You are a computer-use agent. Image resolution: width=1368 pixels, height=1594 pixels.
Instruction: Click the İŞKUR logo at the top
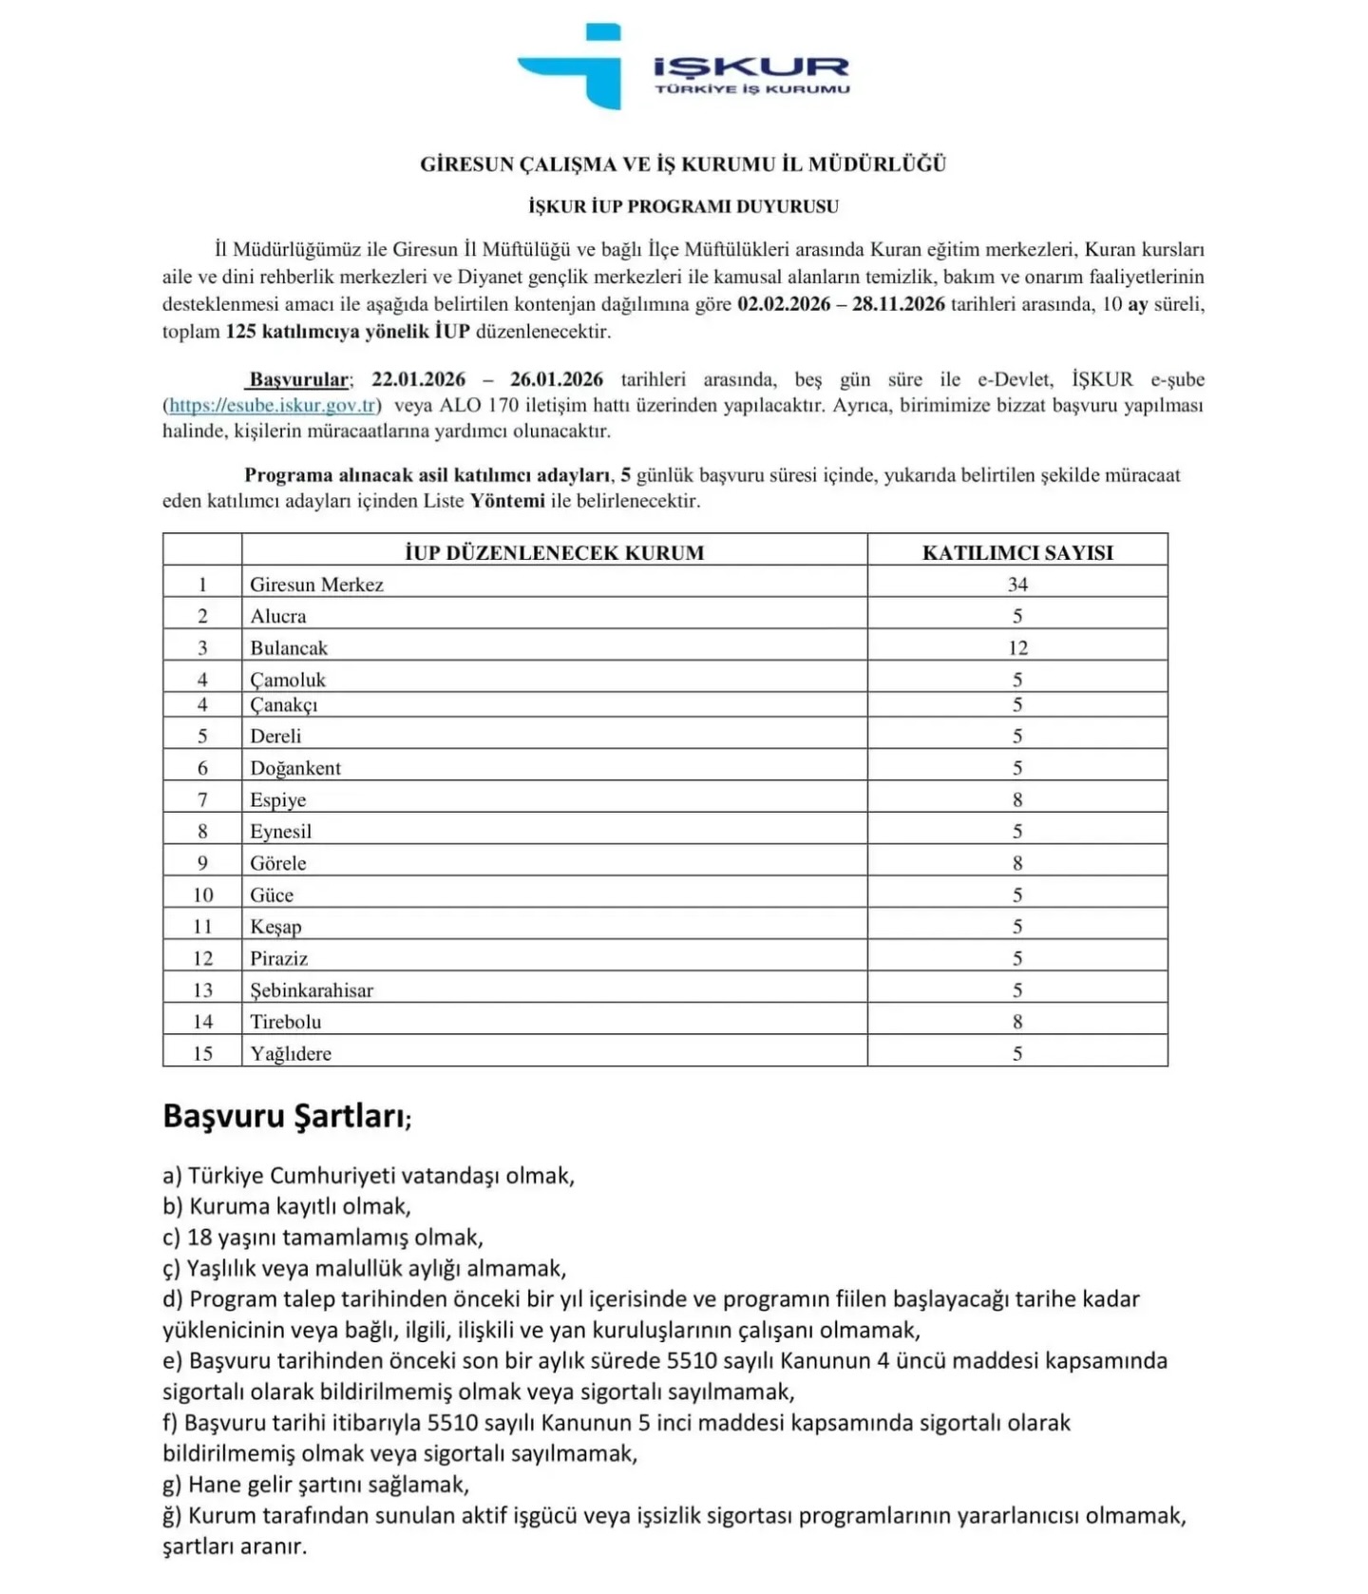(682, 67)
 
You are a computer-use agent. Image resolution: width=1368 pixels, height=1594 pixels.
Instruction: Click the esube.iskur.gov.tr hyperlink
(273, 406)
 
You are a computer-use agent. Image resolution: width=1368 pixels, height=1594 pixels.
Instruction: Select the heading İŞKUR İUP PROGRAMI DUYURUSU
(683, 206)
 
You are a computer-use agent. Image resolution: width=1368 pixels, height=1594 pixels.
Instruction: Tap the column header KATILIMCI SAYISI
(1016, 552)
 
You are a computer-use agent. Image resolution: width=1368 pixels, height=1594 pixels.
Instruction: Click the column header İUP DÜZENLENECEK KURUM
(554, 552)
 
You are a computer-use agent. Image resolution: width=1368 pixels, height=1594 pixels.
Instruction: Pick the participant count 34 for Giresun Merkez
(1016, 585)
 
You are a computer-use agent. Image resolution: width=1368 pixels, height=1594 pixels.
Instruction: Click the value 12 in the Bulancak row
(1016, 648)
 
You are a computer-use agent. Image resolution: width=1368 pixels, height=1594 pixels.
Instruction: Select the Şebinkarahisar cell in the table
(312, 990)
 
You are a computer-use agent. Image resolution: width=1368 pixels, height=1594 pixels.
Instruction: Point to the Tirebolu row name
(285, 1022)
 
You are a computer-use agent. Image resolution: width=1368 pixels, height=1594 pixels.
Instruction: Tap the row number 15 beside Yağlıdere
(202, 1054)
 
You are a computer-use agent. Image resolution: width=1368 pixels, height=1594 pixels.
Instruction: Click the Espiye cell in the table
(277, 800)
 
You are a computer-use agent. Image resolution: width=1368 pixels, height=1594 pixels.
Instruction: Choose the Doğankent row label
(294, 768)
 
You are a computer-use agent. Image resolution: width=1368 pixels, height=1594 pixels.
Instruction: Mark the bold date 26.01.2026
(556, 379)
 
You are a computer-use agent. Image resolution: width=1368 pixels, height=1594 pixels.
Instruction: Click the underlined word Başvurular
(298, 380)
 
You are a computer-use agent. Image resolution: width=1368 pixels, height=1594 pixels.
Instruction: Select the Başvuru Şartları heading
(286, 1116)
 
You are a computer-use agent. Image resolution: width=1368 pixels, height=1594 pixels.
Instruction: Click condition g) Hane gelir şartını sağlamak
(316, 1485)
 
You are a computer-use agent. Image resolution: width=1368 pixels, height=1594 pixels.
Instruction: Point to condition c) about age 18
(323, 1238)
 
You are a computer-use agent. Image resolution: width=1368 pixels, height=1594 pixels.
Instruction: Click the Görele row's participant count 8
(1016, 864)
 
